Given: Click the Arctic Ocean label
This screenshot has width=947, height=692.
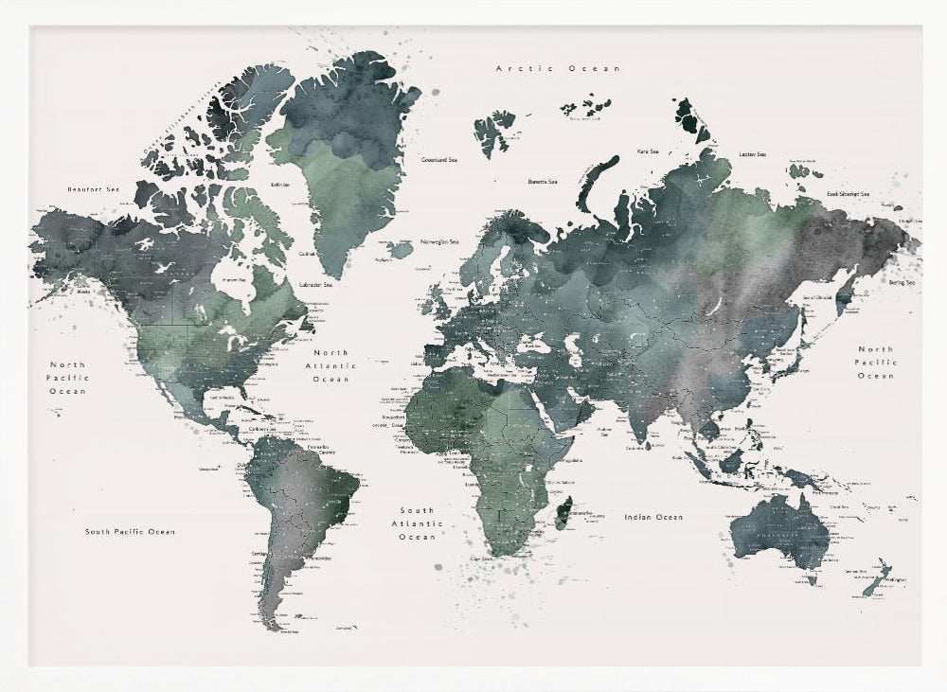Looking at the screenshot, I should [x=558, y=68].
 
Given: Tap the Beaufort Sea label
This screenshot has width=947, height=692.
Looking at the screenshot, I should [x=94, y=189].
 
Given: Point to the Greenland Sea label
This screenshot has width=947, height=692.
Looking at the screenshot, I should [x=440, y=160].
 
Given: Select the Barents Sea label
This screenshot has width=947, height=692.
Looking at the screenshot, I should [x=543, y=181].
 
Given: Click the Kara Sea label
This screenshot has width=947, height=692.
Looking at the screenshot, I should [x=648, y=151].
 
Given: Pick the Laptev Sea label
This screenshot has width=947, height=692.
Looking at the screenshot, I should [x=752, y=154].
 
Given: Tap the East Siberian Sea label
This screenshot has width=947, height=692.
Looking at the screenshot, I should [x=848, y=193].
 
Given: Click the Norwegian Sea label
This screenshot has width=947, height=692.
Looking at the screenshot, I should [x=439, y=240].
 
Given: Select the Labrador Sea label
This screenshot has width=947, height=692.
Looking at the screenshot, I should [x=314, y=284].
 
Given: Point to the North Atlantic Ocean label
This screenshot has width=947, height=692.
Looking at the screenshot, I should [x=331, y=365].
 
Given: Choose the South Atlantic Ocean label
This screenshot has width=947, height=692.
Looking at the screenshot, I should [x=417, y=523].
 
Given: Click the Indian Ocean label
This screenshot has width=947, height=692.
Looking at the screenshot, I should [x=653, y=517].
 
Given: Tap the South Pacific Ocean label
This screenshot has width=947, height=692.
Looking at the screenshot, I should [x=130, y=532].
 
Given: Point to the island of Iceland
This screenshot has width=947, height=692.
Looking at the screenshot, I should [x=402, y=249].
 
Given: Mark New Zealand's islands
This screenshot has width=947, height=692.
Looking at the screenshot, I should [x=876, y=577].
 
